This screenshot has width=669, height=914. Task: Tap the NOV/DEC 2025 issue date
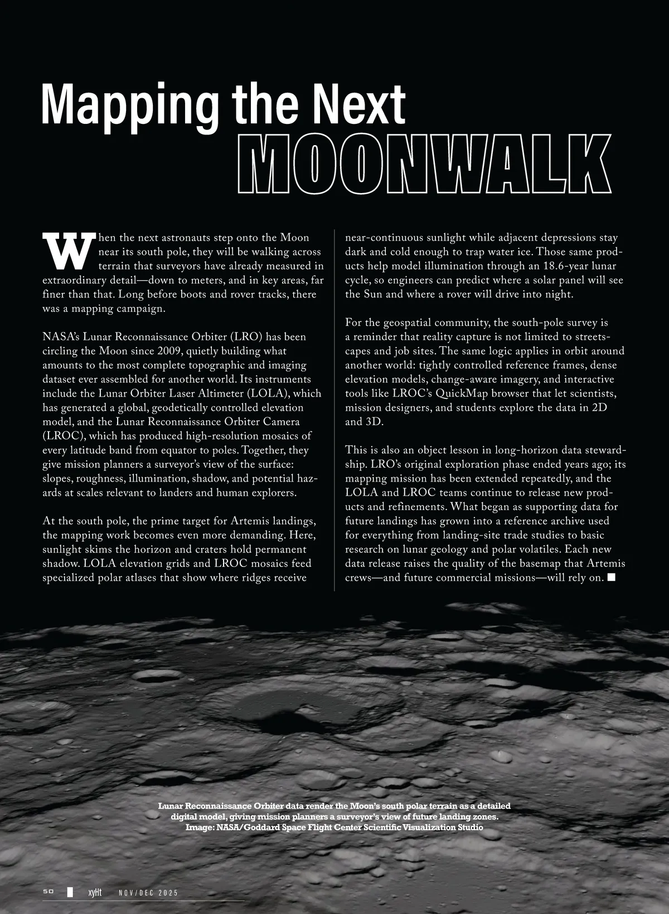coord(148,893)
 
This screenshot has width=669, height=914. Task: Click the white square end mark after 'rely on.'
coord(612,577)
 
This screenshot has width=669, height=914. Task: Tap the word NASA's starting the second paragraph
coord(61,337)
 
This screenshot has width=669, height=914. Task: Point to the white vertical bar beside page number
coord(70,892)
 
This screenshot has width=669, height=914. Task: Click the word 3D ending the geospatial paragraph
coord(374,422)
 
